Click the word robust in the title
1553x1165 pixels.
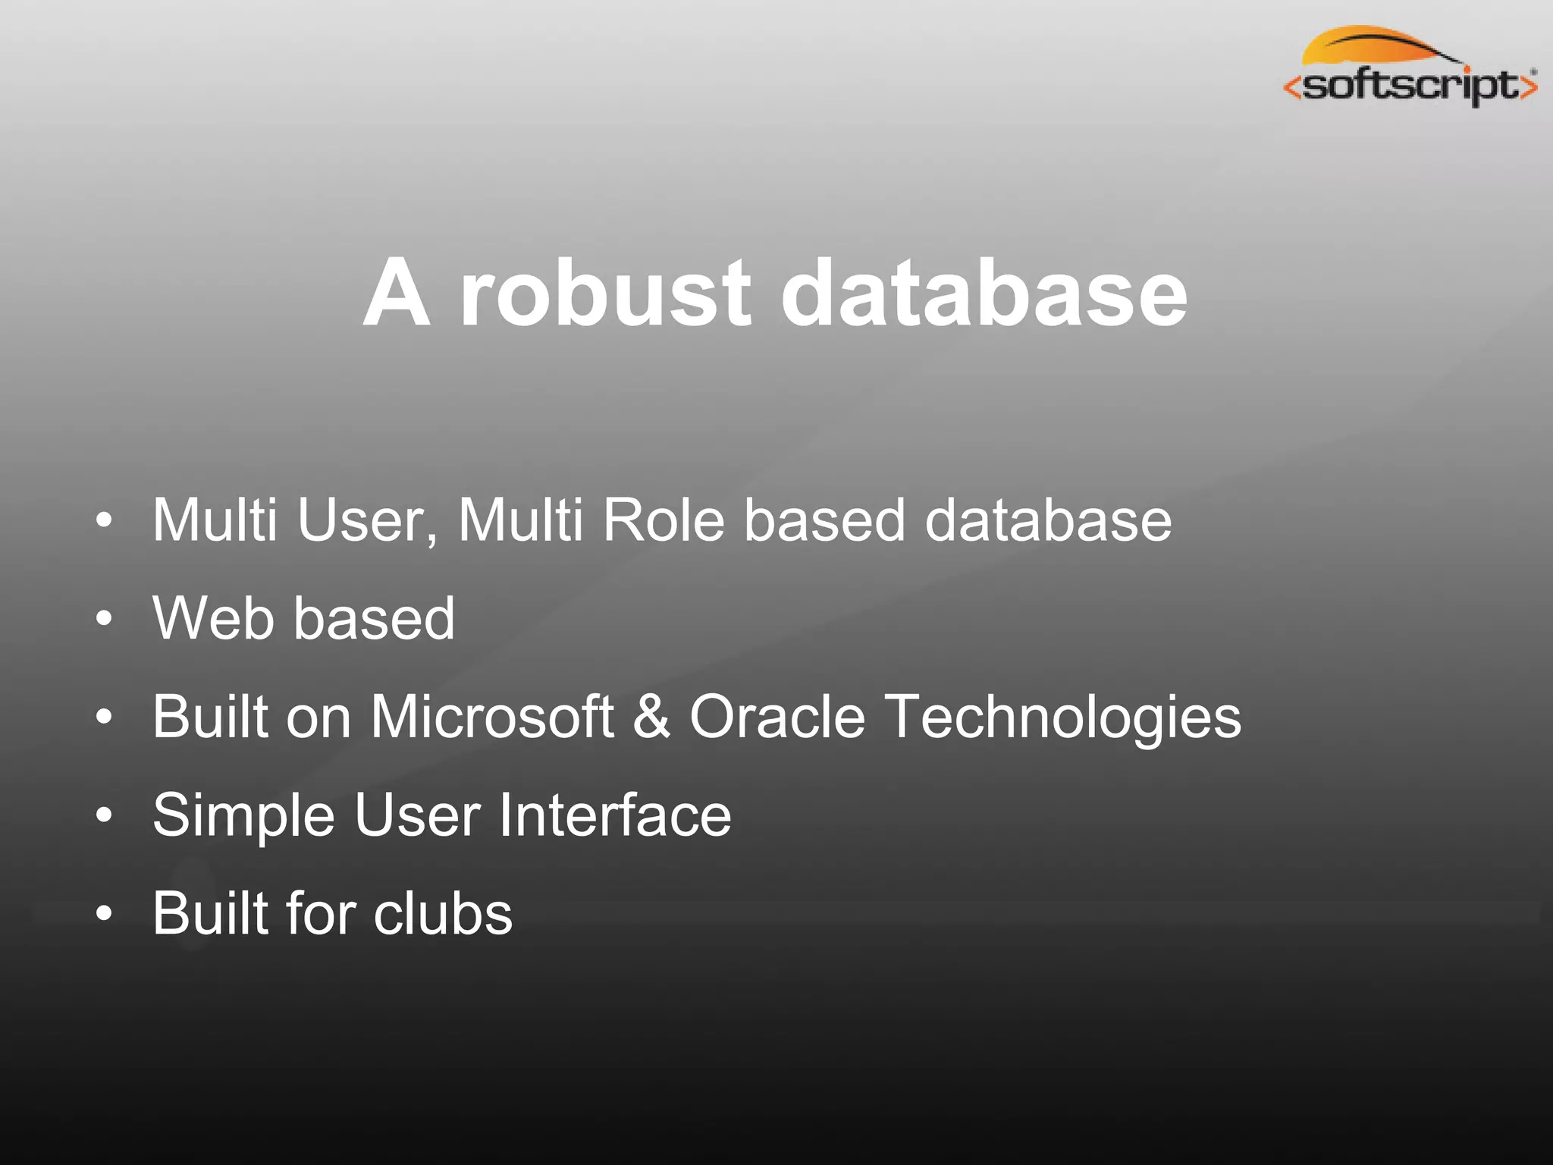click(605, 294)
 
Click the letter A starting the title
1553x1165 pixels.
click(397, 294)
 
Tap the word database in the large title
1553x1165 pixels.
click(984, 294)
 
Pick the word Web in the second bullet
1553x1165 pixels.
click(213, 618)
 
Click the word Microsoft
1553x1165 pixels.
click(491, 717)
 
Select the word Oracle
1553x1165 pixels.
click(777, 717)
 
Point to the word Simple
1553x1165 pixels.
click(243, 816)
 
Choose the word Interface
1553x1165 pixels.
click(615, 816)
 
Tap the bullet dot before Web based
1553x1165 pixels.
click(105, 620)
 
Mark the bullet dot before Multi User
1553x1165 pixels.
click(105, 521)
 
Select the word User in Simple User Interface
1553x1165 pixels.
click(417, 816)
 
